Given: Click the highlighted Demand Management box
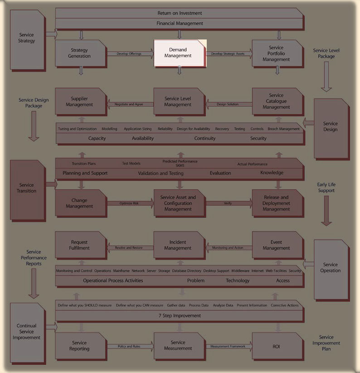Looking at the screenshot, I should (180, 53).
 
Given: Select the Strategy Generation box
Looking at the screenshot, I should (80, 53).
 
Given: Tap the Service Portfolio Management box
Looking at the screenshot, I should (276, 54).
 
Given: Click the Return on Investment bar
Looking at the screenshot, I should (180, 13).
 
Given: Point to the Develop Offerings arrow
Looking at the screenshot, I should (129, 54).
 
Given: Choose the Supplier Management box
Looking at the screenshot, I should (80, 102).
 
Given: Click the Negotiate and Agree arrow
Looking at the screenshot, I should (129, 104).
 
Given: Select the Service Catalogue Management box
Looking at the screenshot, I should (276, 101).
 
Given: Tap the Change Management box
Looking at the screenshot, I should (80, 203).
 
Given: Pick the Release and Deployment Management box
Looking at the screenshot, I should (276, 203).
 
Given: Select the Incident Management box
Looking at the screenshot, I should (178, 245).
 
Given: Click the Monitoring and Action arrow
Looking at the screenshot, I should (228, 248).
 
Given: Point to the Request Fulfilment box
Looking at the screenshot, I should (80, 245).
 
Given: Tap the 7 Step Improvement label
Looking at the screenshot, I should (180, 315).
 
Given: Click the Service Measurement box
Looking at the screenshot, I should (178, 345).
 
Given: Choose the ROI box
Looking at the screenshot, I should (276, 346).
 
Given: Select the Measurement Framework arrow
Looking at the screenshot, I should (228, 346).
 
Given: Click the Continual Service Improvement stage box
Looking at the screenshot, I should (27, 332).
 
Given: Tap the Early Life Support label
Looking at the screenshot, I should (326, 187).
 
